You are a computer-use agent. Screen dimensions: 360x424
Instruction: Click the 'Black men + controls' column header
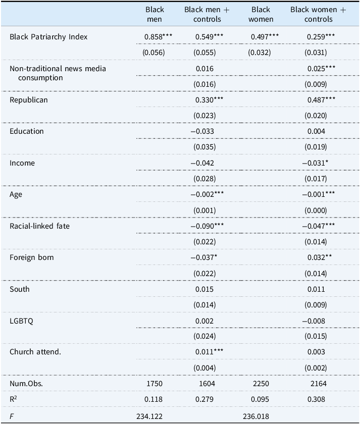pos(207,14)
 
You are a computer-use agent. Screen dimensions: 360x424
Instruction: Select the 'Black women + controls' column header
pos(319,14)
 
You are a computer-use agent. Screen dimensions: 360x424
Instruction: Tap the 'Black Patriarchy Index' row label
pos(48,37)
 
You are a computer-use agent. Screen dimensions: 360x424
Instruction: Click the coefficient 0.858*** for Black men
pos(158,37)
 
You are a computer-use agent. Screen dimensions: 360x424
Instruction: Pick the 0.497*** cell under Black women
pos(265,37)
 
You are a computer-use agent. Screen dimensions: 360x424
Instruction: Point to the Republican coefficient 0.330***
pos(210,100)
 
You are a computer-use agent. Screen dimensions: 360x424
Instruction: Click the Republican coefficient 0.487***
pos(321,100)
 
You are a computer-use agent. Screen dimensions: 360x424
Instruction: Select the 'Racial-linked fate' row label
pos(39,226)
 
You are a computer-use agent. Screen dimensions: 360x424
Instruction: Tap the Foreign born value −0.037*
pos(203,257)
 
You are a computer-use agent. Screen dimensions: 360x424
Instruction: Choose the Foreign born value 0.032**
pos(320,257)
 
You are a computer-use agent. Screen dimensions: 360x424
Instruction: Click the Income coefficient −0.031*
pos(315,163)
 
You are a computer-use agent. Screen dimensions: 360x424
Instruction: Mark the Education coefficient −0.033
pos(202,131)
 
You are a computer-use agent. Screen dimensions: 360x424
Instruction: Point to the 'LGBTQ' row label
pos(21,321)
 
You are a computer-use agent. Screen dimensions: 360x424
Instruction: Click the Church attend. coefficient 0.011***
pos(210,352)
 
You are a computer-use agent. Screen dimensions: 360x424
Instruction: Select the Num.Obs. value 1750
pos(155,384)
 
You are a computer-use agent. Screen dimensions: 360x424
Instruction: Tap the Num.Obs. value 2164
pos(319,384)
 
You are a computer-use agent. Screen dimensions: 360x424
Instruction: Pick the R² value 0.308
pos(316,399)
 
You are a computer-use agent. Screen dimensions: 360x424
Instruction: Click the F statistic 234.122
pos(149,416)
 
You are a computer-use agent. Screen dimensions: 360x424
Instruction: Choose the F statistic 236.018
pos(256,416)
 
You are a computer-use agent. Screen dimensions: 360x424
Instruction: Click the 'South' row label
pos(20,289)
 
